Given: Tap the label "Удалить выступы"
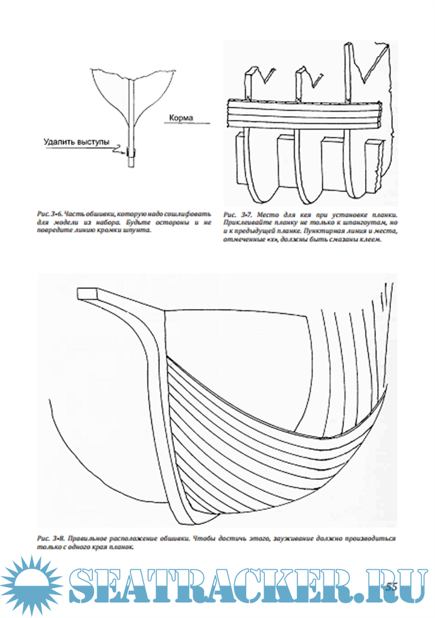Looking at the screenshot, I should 77,142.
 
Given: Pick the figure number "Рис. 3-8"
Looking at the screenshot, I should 50,538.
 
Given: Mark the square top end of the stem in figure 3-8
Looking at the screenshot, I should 88,292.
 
